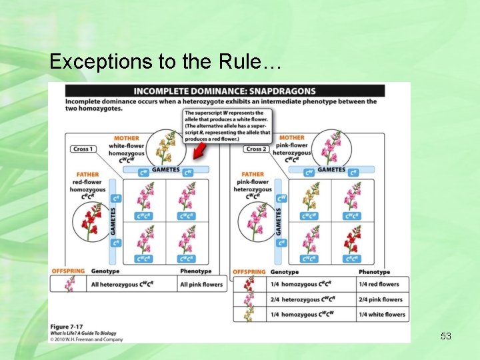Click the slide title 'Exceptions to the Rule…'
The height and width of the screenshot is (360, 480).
pos(166,62)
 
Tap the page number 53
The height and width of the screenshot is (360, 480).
pos(446,336)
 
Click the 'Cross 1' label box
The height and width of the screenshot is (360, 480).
pos(83,149)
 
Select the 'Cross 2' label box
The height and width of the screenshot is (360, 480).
pos(257,149)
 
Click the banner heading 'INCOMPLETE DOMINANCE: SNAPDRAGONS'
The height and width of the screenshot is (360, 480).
pos(225,91)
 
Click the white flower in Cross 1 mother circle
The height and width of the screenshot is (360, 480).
pos(165,147)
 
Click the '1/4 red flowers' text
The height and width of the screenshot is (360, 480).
pos(379,285)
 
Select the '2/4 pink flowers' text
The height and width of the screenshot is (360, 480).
pos(380,300)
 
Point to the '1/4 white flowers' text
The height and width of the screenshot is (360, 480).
pos(381,315)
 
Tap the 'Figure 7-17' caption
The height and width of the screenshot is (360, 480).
pos(67,325)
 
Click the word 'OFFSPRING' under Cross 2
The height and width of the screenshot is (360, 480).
pos(249,272)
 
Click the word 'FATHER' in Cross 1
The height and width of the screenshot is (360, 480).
pos(87,175)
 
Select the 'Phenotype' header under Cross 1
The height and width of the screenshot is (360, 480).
pos(195,271)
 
